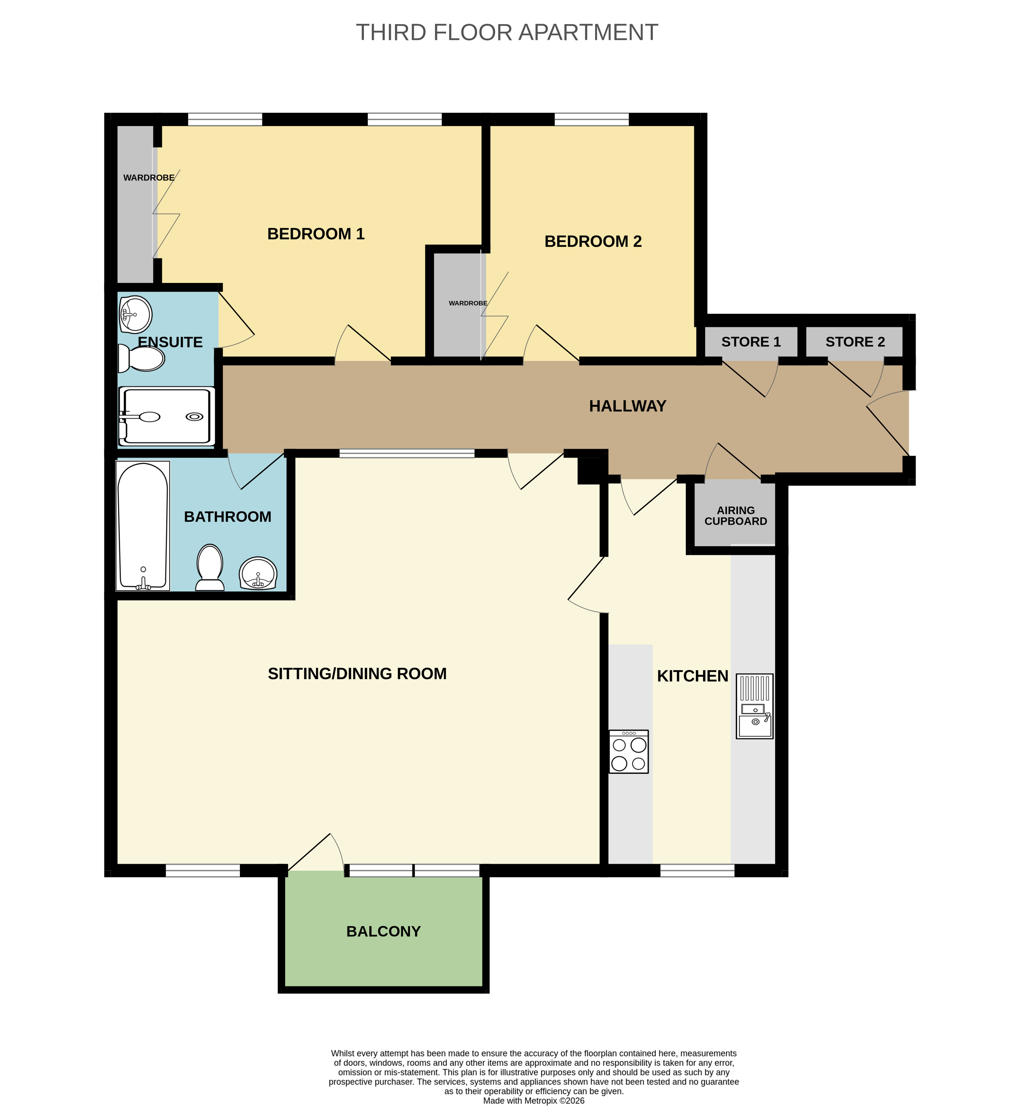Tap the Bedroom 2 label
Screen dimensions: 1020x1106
593,241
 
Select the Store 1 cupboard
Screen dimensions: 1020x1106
751,342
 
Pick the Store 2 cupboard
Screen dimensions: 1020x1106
854,342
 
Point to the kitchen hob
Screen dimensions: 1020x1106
629,751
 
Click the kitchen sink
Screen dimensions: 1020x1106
755,706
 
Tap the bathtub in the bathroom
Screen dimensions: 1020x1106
142,526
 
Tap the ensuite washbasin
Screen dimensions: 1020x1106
135,315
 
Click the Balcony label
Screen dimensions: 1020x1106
384,931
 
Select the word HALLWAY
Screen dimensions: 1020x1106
628,406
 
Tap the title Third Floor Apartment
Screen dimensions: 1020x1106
507,33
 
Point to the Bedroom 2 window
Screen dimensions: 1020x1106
592,119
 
